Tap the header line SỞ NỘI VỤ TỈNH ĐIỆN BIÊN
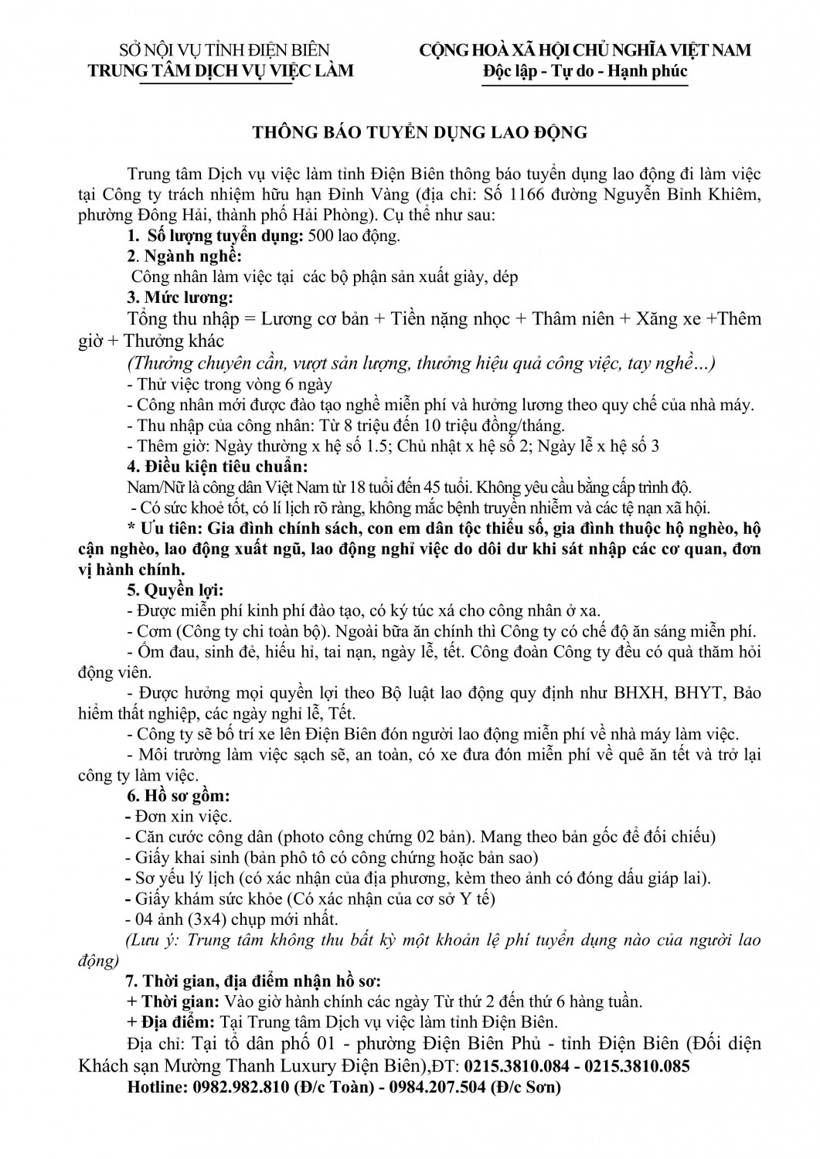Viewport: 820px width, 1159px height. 223,51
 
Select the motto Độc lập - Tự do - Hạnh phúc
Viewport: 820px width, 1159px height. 584,71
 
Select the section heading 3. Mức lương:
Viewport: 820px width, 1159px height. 179,297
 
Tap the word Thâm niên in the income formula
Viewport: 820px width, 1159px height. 569,319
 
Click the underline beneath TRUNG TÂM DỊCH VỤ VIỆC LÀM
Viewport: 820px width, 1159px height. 214,82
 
